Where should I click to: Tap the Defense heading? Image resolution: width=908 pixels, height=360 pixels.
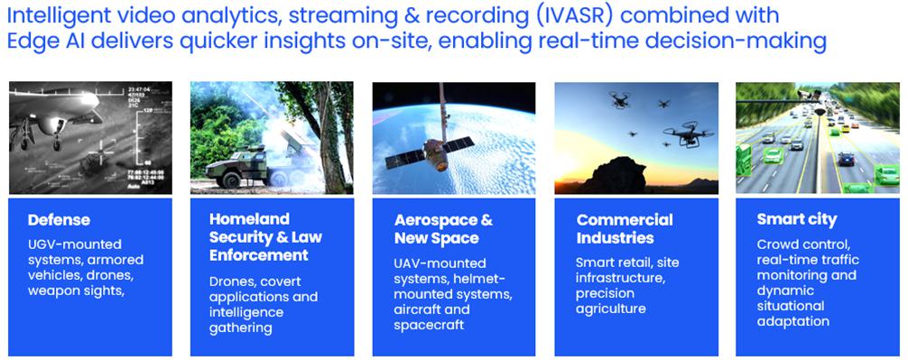[x=59, y=220]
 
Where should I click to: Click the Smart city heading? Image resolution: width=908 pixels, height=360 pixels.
[x=797, y=220]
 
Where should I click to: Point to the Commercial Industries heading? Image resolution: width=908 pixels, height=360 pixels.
[x=625, y=229]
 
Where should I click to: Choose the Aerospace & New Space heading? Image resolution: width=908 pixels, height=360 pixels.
[x=443, y=229]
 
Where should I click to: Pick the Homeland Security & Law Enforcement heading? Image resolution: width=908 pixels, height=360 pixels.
[x=265, y=237]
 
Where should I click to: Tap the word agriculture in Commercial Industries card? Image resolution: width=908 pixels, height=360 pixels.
[x=610, y=309]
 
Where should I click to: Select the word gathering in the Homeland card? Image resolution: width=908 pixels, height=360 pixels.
[x=240, y=328]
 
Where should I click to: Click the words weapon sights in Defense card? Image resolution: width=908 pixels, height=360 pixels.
[x=76, y=291]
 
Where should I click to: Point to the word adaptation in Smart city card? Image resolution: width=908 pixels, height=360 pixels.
[x=792, y=322]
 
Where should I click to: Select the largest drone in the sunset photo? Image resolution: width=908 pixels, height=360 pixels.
[x=688, y=134]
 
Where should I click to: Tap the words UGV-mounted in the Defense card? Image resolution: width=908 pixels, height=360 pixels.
[x=75, y=245]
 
